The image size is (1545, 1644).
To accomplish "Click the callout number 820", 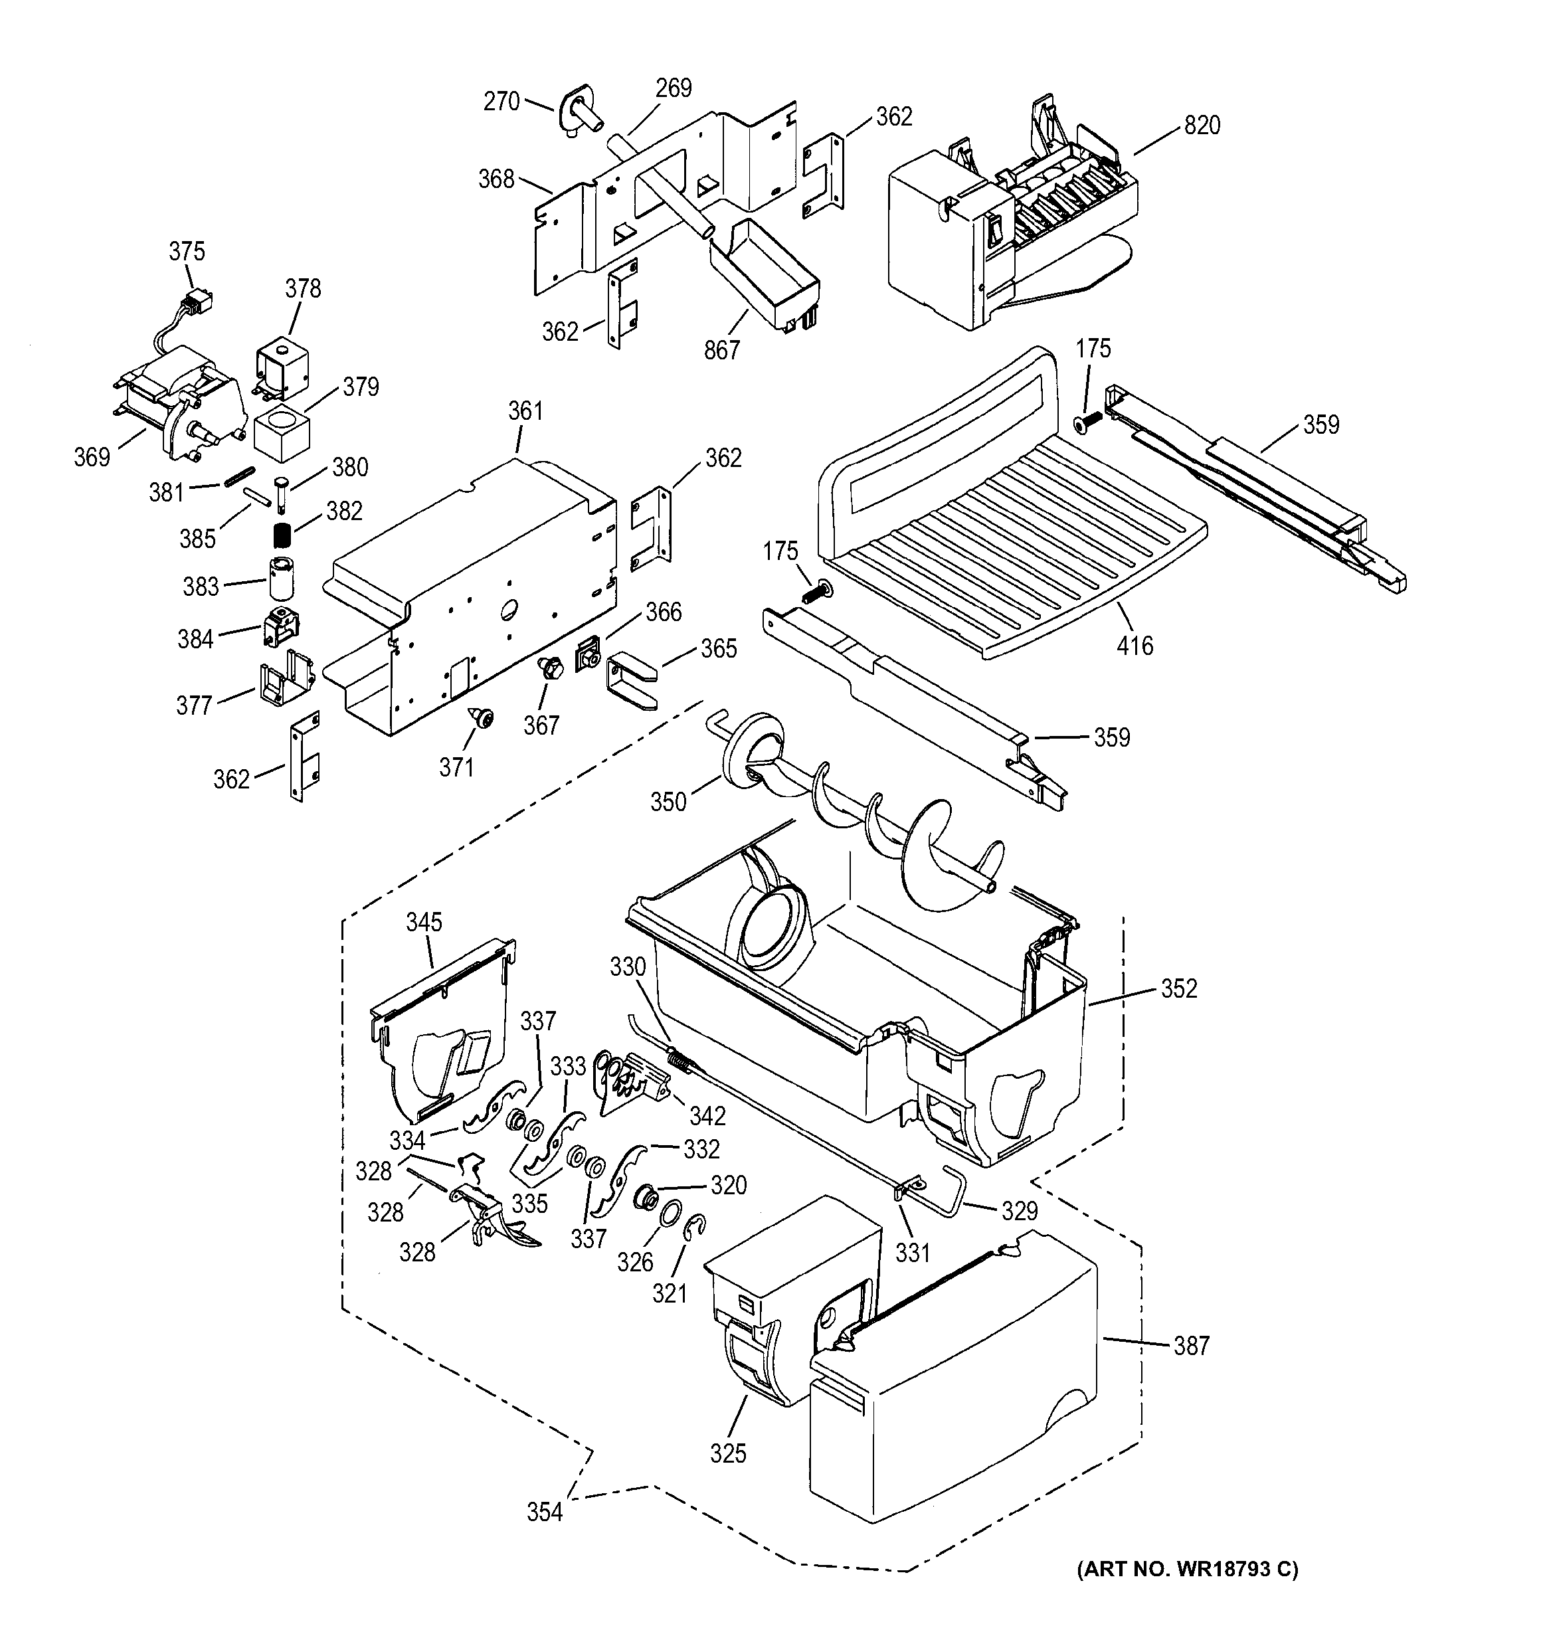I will [x=1202, y=126].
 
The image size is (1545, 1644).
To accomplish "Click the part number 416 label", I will [x=1134, y=646].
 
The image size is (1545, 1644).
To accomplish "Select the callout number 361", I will [x=525, y=411].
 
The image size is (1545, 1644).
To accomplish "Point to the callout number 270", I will [x=501, y=102].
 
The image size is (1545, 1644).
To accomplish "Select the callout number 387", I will [x=1191, y=1346].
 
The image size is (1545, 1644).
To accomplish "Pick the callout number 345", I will [x=424, y=922].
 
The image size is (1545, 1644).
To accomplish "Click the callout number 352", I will [x=1178, y=988].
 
